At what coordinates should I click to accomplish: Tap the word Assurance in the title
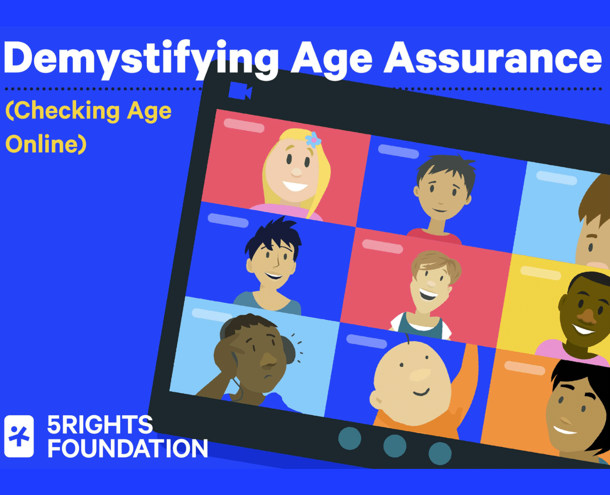click(x=492, y=59)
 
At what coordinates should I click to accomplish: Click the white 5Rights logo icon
click(x=19, y=436)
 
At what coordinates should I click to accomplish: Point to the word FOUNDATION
click(x=127, y=449)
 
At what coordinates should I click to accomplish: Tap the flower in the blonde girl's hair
click(x=313, y=139)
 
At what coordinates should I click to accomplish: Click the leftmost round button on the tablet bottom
click(x=349, y=438)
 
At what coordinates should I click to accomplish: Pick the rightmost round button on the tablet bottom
click(x=440, y=453)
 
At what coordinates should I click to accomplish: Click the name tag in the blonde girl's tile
click(x=244, y=125)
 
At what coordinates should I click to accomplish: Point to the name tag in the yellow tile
click(x=540, y=273)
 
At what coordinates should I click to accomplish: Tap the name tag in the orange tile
click(x=525, y=368)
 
